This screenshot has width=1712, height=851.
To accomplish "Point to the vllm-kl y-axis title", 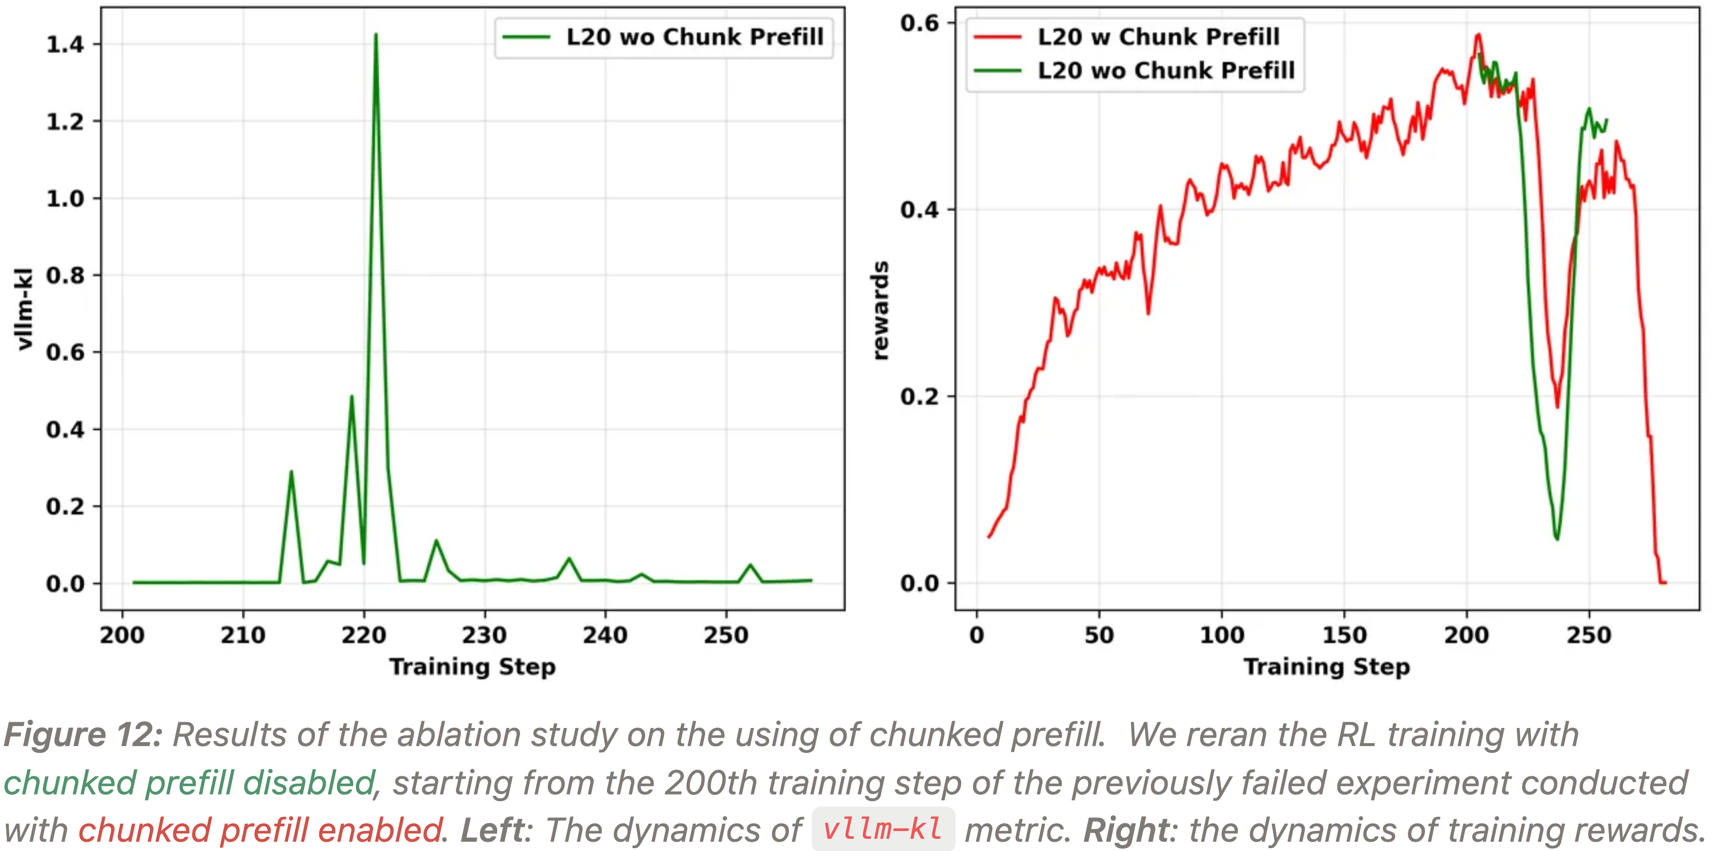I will click(24, 309).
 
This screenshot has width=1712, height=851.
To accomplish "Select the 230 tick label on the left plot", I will click(484, 635).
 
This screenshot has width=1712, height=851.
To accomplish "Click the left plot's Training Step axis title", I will click(473, 667).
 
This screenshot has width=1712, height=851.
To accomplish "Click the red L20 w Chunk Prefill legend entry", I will click(1158, 37).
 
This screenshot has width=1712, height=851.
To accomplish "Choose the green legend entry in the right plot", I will click(1166, 70).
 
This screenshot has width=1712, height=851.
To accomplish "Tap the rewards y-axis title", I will click(880, 311).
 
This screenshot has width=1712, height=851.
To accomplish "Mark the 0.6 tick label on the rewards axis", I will click(920, 23).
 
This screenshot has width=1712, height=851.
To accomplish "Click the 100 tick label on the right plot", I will click(1222, 635).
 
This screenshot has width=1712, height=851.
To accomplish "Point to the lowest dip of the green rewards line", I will click(1557, 538).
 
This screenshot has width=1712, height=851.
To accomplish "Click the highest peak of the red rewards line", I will click(1478, 35).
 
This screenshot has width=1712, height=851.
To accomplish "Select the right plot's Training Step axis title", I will click(1327, 667).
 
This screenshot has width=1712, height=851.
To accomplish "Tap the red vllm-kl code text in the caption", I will click(882, 829).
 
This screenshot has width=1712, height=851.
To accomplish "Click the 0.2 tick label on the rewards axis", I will click(920, 397).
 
